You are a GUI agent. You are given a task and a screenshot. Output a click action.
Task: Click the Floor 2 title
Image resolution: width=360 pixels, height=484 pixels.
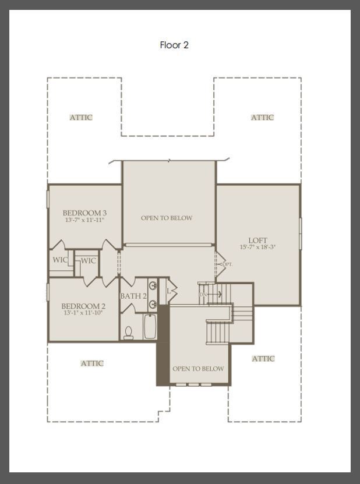(174, 45)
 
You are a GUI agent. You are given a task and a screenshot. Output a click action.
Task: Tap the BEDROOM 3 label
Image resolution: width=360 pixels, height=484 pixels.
(84, 213)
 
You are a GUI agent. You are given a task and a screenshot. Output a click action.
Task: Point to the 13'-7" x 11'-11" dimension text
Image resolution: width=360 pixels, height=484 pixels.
(84, 221)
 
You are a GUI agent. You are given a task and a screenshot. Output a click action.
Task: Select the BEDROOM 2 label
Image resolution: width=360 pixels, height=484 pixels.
(83, 306)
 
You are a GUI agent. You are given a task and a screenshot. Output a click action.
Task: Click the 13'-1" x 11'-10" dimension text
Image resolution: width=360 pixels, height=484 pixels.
(83, 313)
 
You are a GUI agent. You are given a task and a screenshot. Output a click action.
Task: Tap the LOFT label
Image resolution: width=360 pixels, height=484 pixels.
(257, 240)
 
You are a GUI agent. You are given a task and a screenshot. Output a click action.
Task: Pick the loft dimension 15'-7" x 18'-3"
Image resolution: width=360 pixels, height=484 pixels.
(257, 248)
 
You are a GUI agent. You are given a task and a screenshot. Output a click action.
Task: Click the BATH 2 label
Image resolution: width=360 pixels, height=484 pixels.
(133, 296)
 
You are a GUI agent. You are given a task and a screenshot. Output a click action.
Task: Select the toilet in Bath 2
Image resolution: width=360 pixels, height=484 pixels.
(129, 332)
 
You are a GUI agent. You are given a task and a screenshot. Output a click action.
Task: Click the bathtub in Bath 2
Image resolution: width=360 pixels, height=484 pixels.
(149, 327)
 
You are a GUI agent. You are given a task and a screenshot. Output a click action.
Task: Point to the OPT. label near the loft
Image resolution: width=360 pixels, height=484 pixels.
(227, 264)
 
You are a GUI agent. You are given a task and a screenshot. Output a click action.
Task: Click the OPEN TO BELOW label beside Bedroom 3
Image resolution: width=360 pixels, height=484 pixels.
(167, 218)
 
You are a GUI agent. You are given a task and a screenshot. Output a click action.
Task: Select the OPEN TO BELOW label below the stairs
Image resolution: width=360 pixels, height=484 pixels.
(198, 369)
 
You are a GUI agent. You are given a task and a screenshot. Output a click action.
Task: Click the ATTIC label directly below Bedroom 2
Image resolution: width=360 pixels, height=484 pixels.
(91, 363)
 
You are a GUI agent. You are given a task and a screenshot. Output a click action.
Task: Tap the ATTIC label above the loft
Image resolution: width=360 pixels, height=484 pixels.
(262, 117)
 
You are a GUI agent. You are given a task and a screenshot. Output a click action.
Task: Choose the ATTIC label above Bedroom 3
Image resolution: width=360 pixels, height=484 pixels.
(81, 117)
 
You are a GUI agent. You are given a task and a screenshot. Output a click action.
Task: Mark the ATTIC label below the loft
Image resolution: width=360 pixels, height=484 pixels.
(263, 359)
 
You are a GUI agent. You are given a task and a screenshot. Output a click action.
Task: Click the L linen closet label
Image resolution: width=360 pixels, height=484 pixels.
(169, 291)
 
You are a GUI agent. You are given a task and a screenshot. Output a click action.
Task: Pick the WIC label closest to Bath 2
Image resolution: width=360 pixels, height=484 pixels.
(88, 260)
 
